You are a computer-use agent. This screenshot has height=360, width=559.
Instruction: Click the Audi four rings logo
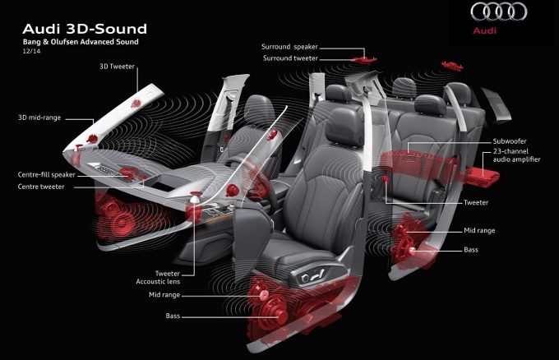click(x=499, y=12)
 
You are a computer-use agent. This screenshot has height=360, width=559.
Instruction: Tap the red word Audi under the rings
click(x=484, y=30)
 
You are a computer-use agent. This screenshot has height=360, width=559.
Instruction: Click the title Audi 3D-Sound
click(x=85, y=29)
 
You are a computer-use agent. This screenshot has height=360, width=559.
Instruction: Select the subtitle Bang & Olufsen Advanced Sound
click(x=81, y=42)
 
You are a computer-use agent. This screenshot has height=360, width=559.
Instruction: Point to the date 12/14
click(x=31, y=51)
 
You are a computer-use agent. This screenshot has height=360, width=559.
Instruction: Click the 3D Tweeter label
click(x=117, y=67)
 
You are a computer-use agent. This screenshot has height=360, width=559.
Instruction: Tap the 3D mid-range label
click(x=39, y=118)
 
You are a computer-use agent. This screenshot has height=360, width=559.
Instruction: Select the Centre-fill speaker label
click(x=46, y=174)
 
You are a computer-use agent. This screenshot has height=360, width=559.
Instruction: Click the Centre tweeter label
click(x=41, y=187)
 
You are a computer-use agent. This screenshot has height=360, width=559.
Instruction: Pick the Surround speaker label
click(x=289, y=47)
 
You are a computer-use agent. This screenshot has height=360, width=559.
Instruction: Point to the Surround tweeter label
click(x=290, y=58)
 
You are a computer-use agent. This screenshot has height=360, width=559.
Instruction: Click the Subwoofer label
click(x=510, y=141)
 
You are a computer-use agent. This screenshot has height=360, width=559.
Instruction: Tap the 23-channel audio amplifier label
click(x=516, y=155)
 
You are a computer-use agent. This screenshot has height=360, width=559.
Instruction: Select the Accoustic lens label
click(x=158, y=282)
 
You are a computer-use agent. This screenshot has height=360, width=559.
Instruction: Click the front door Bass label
click(x=173, y=316)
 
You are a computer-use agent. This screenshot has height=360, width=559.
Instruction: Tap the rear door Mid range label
click(x=479, y=231)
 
